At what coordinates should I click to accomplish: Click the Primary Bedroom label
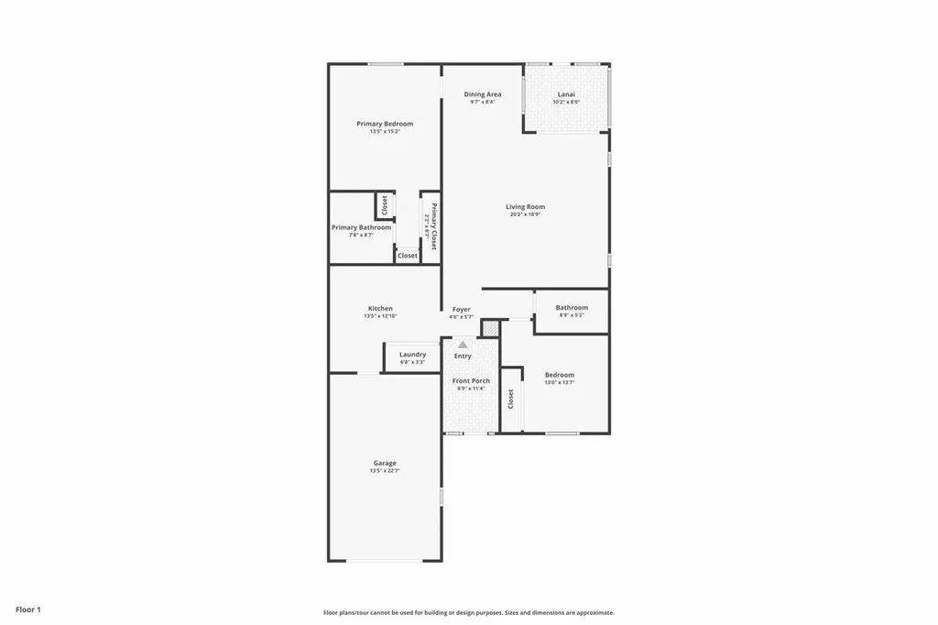click(x=385, y=124)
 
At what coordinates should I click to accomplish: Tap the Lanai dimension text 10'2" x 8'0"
click(x=566, y=102)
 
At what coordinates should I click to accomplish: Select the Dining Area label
click(x=482, y=94)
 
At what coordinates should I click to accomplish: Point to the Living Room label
click(x=525, y=207)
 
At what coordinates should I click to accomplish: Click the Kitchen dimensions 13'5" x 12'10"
click(x=380, y=316)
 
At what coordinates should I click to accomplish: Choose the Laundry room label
click(x=412, y=355)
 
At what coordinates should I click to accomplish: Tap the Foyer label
click(x=461, y=310)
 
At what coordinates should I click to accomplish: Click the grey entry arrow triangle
click(x=463, y=345)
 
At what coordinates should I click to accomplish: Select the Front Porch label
click(x=471, y=380)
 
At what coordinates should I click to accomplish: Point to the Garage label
click(x=385, y=463)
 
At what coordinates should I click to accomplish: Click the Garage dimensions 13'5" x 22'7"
click(x=385, y=471)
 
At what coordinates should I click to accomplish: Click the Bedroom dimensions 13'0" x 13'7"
click(x=560, y=382)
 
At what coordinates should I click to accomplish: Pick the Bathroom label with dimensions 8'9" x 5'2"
click(x=572, y=308)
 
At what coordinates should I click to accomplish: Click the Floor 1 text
click(x=27, y=609)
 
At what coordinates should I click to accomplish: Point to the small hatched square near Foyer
click(x=491, y=328)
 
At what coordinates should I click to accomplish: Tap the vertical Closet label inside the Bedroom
click(x=511, y=399)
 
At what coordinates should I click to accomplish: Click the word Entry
click(x=463, y=356)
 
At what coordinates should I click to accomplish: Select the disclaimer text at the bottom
click(x=468, y=613)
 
